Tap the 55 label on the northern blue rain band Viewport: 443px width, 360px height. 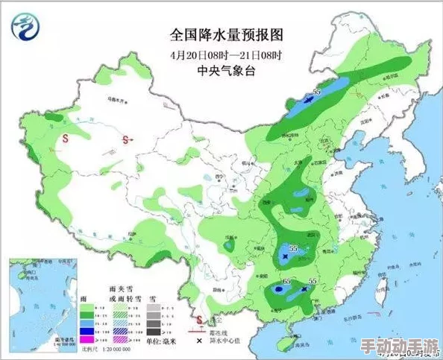(316, 92)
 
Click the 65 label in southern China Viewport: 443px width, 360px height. (288, 281)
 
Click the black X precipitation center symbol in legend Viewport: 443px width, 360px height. (198, 340)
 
